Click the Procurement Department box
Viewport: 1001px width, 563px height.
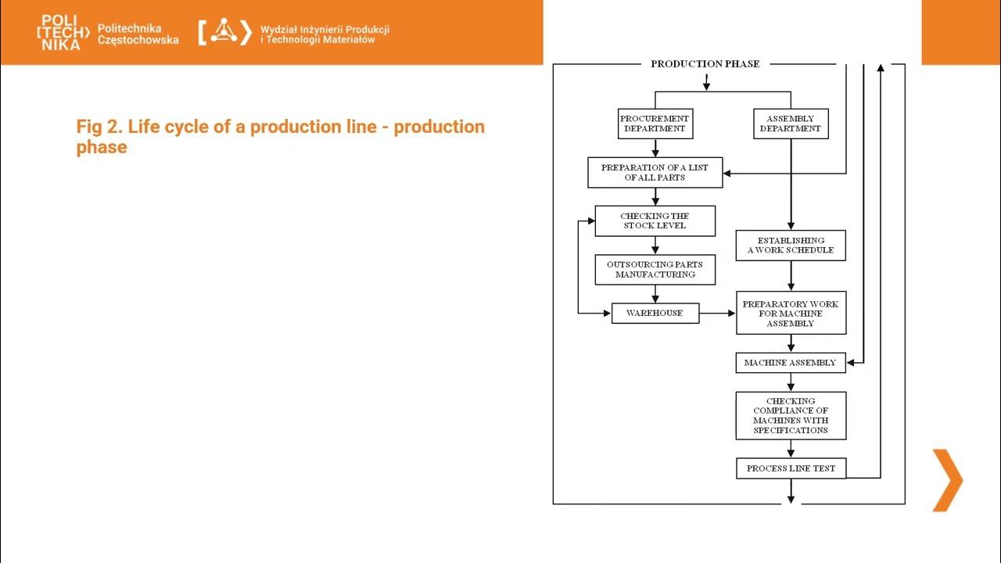click(655, 124)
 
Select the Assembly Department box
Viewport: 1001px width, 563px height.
click(790, 124)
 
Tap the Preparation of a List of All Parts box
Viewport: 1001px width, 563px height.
click(655, 173)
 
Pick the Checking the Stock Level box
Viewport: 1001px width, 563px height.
click(655, 221)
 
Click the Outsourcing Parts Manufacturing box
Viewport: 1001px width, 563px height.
click(655, 270)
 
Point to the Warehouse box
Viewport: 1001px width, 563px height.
click(655, 313)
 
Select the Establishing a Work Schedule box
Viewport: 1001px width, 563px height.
click(790, 246)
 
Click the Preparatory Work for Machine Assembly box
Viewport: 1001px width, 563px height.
click(790, 313)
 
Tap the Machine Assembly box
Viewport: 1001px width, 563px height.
click(790, 363)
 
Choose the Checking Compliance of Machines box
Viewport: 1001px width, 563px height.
click(790, 415)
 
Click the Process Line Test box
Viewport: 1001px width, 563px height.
click(790, 468)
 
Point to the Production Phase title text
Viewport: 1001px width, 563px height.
click(705, 64)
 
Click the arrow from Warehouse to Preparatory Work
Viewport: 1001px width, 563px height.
click(717, 313)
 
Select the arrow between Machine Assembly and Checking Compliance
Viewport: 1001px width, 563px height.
click(791, 382)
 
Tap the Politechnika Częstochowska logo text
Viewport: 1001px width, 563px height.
click(138, 34)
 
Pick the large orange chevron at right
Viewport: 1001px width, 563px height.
click(947, 480)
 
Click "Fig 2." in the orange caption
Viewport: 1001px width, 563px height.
click(99, 127)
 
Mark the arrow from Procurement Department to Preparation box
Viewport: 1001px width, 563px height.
click(655, 149)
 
